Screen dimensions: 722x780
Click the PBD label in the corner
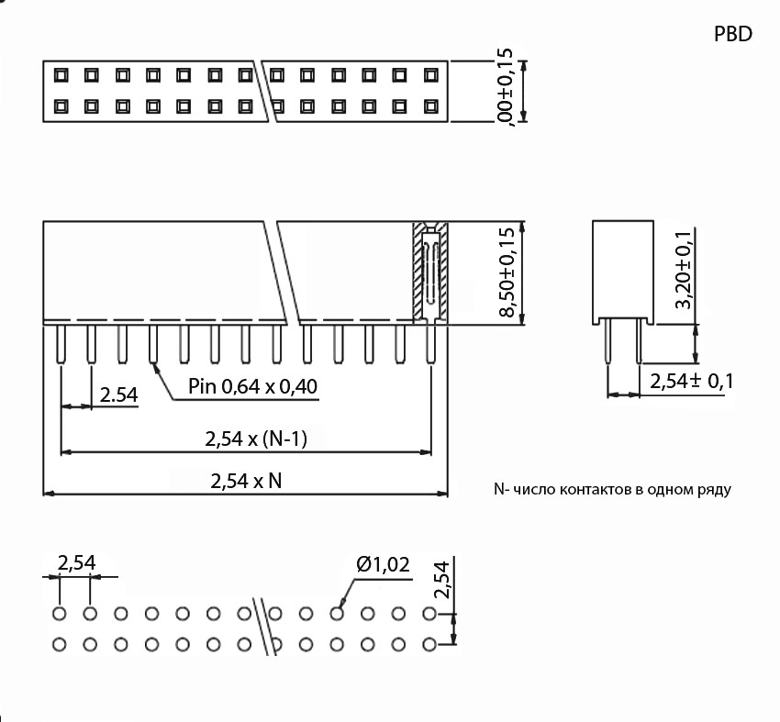pos(732,35)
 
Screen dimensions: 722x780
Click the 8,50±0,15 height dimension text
pos(507,272)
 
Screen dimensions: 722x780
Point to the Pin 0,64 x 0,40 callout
pos(252,386)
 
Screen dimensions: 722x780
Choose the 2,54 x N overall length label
pos(246,480)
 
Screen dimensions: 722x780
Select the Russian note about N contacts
pos(612,489)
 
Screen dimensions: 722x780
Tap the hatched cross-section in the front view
pos(429,272)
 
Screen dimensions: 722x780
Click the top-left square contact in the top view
pos(61,74)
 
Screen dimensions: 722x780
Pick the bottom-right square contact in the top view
pos(429,106)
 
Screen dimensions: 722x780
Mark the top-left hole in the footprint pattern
pos(60,612)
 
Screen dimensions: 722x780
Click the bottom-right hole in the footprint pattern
pos(429,643)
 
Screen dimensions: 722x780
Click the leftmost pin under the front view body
pos(61,343)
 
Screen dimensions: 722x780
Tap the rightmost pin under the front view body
pos(430,343)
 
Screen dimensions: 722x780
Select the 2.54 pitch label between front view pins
pos(118,395)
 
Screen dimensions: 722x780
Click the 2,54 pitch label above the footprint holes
pos(77,563)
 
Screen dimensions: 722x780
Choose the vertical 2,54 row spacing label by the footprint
pos(442,581)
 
